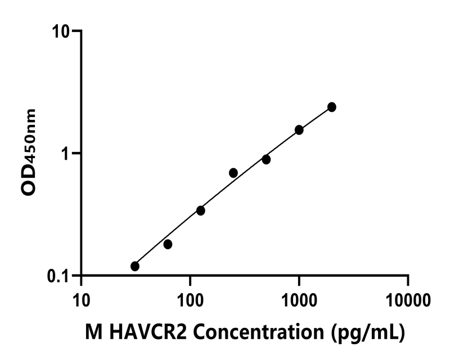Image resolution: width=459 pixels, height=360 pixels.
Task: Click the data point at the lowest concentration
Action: pyautogui.click(x=135, y=266)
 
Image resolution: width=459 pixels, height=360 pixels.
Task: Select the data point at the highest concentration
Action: pyautogui.click(x=332, y=107)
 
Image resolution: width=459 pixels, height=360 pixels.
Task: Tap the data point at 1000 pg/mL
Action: pyautogui.click(x=299, y=130)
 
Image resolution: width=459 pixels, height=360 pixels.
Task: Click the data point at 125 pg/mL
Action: pyautogui.click(x=201, y=210)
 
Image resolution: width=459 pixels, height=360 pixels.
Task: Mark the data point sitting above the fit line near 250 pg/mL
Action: pyautogui.click(x=233, y=173)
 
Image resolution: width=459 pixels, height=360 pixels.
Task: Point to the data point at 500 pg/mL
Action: pyautogui.click(x=266, y=160)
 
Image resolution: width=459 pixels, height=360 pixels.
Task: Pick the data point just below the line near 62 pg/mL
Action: pyautogui.click(x=168, y=244)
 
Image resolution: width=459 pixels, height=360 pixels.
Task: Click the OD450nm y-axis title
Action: pyautogui.click(x=29, y=153)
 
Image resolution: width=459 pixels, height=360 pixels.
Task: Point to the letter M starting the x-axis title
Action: pyautogui.click(x=92, y=333)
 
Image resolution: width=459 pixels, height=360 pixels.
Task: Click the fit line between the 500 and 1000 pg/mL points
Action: pyautogui.click(x=282, y=145)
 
